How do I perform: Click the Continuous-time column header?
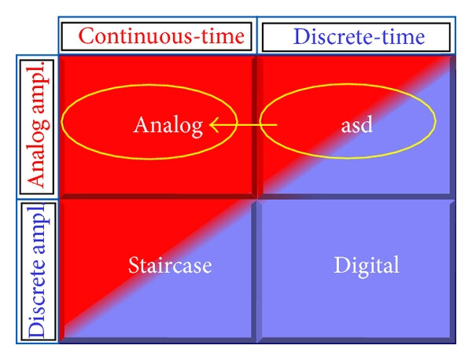point(161,36)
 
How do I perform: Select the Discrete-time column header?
point(359,37)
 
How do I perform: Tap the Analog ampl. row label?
point(38,124)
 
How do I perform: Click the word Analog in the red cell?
point(168,126)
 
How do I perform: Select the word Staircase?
point(170,266)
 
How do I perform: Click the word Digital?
point(367,266)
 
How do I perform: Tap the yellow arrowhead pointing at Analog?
point(214,124)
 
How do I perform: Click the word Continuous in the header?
point(135,36)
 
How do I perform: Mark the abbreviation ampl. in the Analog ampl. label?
point(38,88)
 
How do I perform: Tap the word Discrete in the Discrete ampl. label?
point(37,297)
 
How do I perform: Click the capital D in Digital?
point(341,265)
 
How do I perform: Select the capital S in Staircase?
point(134,265)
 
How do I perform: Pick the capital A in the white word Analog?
point(141,124)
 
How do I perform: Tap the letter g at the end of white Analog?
point(197,129)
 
